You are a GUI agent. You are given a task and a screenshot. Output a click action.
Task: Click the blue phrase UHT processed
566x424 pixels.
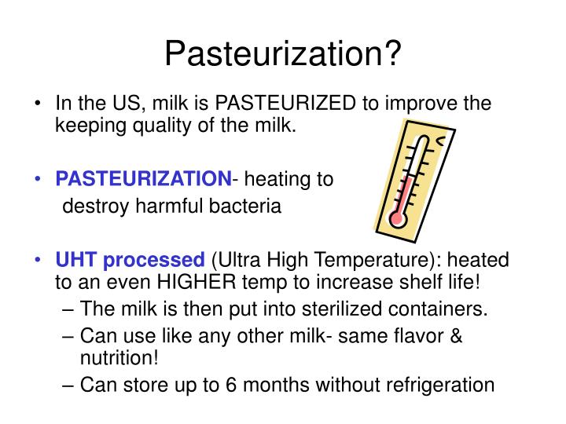(129, 260)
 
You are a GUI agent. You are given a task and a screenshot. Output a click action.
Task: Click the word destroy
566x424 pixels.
(91, 207)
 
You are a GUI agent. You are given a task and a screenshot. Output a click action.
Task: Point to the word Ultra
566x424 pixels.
(240, 260)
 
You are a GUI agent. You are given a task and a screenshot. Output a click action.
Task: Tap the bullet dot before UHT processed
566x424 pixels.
(39, 260)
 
